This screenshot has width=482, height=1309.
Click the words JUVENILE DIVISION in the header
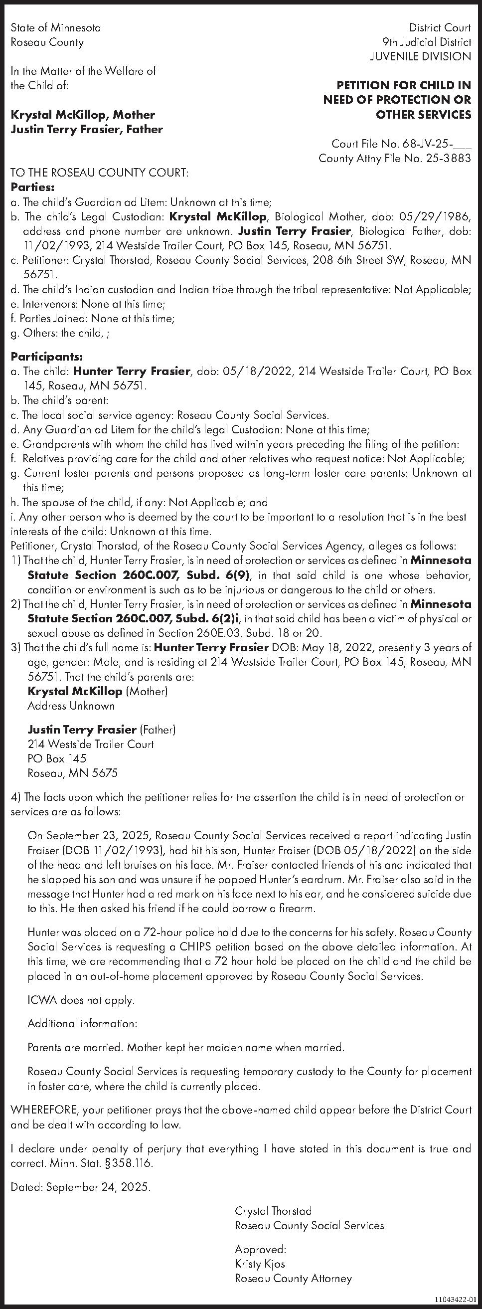tap(421, 56)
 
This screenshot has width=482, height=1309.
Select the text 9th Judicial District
tap(427, 42)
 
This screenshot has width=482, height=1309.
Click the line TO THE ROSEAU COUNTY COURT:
tap(100, 173)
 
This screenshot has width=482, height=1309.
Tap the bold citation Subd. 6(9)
tap(219, 576)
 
